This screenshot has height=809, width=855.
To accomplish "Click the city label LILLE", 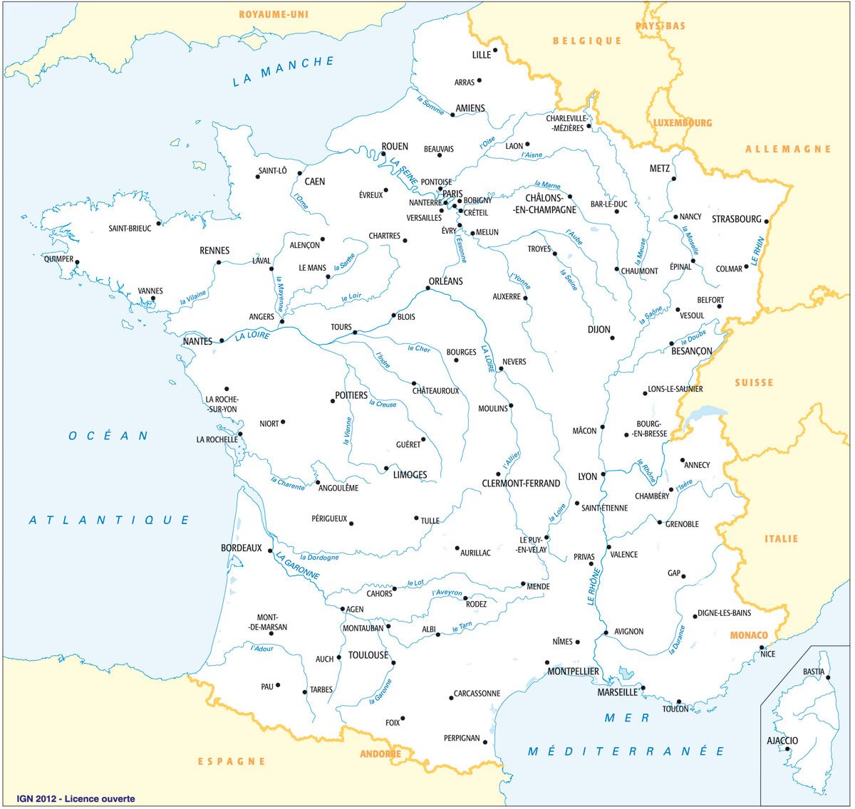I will [x=482, y=55].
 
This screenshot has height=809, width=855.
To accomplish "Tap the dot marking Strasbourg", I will [x=767, y=221].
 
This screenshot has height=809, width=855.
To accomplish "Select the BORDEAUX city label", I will [x=242, y=548].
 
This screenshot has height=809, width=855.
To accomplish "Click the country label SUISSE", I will [x=754, y=383].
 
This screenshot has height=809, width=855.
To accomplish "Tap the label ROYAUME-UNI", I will [x=274, y=14].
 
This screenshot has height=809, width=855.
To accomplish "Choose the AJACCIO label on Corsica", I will [x=782, y=741].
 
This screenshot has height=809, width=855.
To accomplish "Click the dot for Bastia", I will [x=828, y=677].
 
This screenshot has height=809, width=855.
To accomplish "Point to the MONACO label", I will [x=749, y=635].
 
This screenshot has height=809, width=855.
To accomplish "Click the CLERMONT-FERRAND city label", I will [x=521, y=484].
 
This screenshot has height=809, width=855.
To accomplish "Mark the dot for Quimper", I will [x=77, y=262].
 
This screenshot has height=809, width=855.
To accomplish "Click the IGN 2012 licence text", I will [x=76, y=799].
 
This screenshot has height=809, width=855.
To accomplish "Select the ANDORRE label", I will [x=380, y=754].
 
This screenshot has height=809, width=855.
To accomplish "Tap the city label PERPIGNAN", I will [x=462, y=738].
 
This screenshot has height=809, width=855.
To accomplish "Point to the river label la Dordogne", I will [x=319, y=558].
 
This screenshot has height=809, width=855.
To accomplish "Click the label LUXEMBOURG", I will [x=683, y=123].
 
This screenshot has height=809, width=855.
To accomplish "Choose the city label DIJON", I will [x=599, y=330].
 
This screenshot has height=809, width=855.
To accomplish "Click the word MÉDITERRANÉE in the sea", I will [x=626, y=751].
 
